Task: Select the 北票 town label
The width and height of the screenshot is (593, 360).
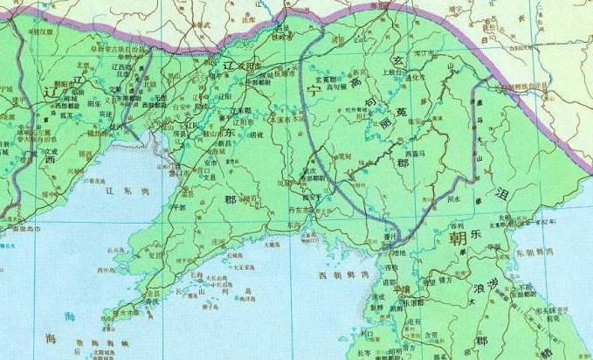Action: tap(85, 64)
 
